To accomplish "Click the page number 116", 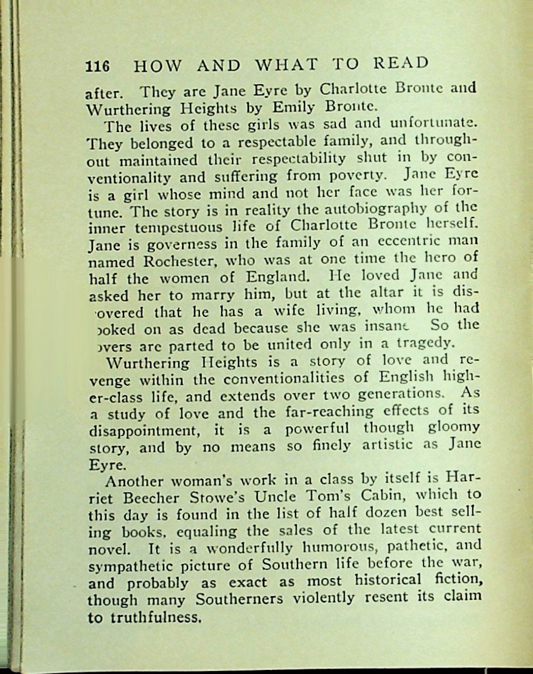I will (97, 65).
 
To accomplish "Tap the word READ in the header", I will (400, 63).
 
